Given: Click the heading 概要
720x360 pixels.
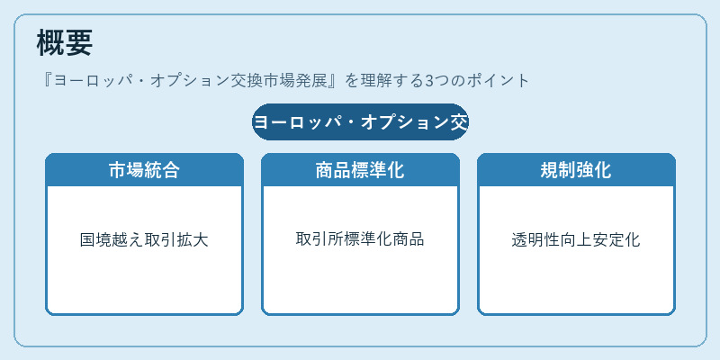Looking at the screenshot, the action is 64,42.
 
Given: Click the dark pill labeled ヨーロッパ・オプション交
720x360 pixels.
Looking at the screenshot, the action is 360,121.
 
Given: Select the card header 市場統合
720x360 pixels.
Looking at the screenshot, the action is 144,170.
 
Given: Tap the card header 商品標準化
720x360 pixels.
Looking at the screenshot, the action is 360,170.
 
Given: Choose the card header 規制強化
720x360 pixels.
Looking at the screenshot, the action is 576,170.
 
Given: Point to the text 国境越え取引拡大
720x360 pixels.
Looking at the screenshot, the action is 144,240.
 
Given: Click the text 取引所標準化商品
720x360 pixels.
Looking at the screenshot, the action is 360,238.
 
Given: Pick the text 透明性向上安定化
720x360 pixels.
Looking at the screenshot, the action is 576,240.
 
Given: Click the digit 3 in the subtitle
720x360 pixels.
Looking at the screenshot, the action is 429,81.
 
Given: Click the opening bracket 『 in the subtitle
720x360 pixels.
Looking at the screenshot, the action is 47,81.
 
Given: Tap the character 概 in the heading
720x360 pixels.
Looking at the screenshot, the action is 50,42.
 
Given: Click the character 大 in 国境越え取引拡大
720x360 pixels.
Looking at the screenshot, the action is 201,240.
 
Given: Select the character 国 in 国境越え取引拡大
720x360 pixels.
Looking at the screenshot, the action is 87,240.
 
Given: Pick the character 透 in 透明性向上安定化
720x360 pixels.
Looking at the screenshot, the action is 519,240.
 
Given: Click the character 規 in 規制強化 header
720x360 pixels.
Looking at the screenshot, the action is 549,170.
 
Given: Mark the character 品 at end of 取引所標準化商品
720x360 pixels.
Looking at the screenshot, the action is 417,238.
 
